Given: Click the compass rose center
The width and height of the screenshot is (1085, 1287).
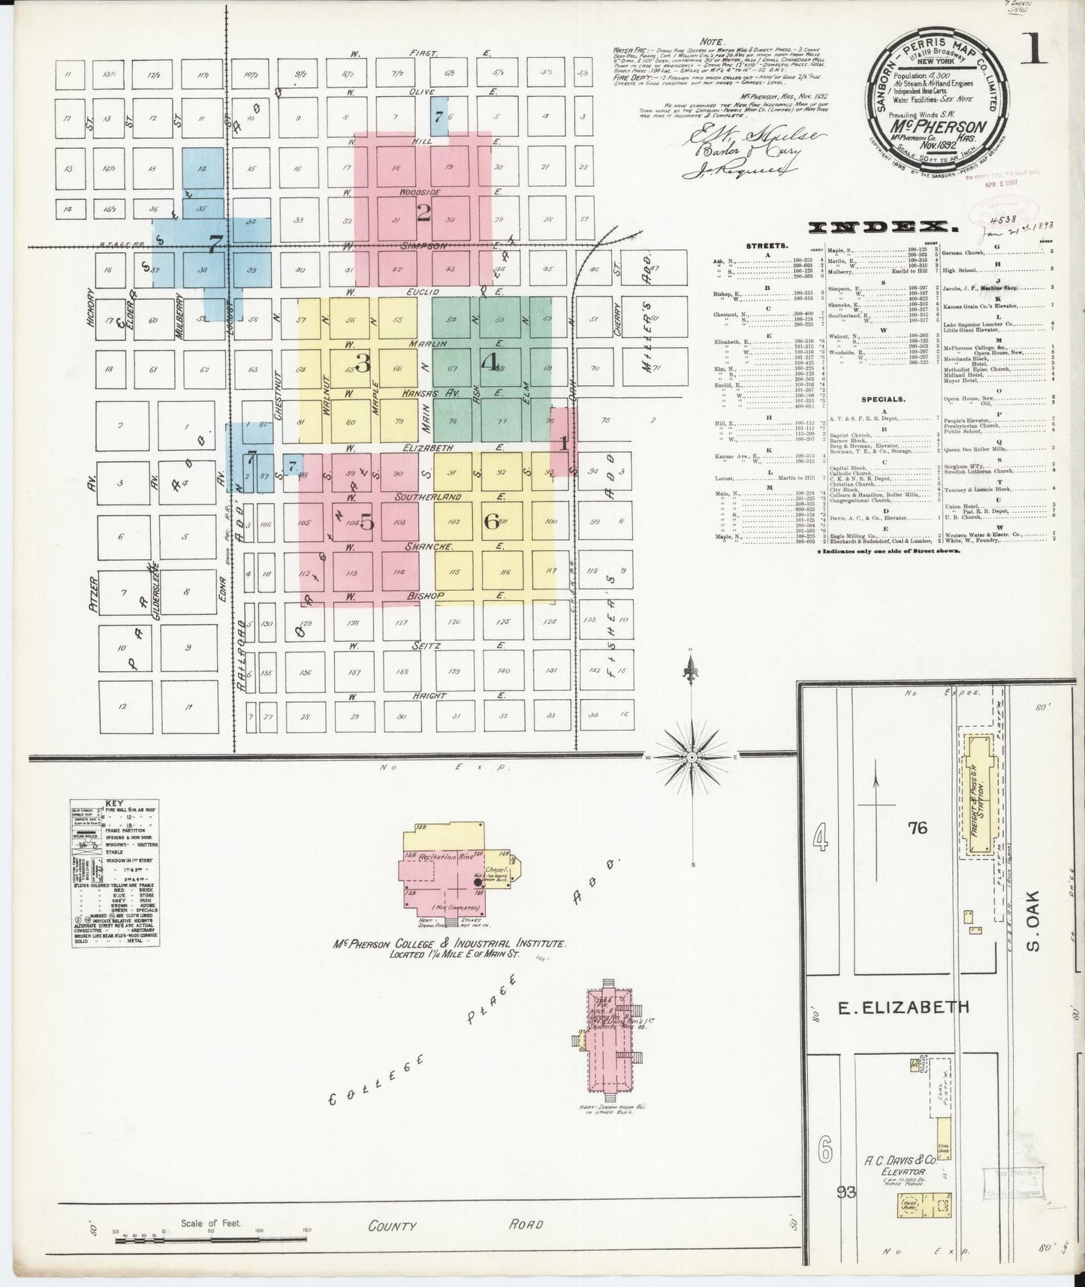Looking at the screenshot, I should [691, 758].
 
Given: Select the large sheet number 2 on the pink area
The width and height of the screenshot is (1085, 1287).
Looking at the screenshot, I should [423, 214].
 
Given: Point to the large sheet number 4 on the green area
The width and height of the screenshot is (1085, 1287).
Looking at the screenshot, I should [490, 363].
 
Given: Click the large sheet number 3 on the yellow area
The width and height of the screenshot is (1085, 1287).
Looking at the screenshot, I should [363, 363].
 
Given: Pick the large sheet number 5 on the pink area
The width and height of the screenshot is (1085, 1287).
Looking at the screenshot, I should [366, 523].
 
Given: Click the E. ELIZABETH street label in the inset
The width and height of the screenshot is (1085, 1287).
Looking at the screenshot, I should [903, 1008].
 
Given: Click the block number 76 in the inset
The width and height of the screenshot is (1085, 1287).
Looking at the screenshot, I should [918, 828].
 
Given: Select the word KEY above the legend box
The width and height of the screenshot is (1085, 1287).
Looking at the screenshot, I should [115, 803].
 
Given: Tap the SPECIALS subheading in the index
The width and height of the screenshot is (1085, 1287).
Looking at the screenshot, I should [883, 399].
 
